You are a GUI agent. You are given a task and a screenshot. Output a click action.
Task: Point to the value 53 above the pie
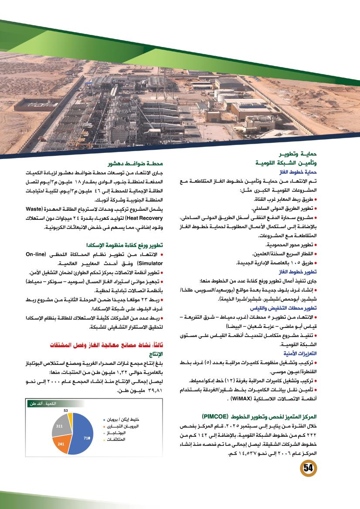point(65,410)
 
